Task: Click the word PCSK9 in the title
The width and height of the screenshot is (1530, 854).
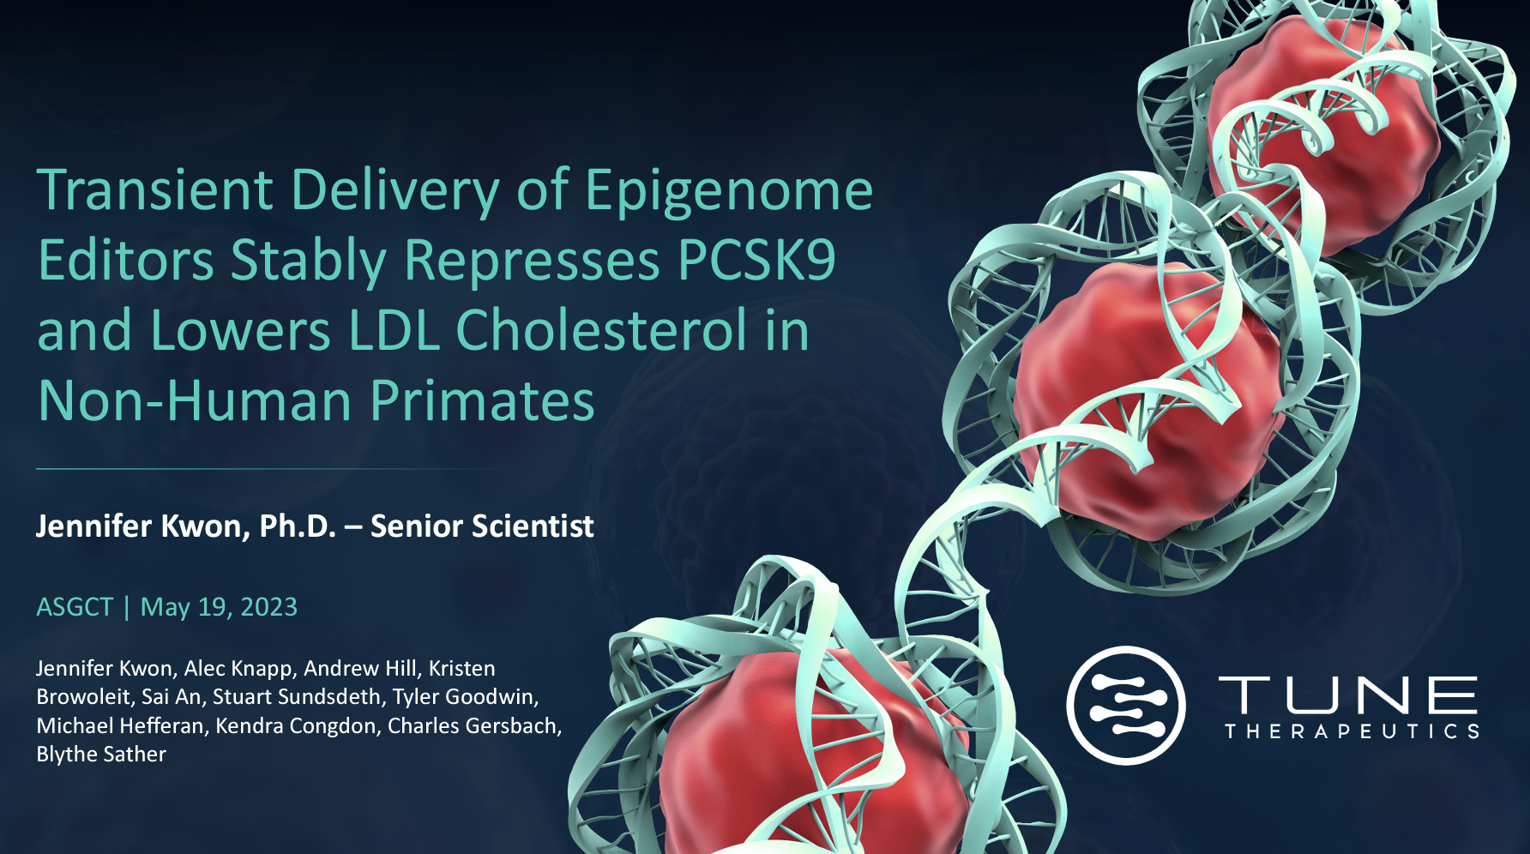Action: (756, 260)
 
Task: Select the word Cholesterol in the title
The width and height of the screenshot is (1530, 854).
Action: (601, 330)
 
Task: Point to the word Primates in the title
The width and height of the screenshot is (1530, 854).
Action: (482, 400)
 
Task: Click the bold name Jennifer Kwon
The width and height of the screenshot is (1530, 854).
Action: (142, 526)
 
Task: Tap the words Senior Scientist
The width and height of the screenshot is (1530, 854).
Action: (482, 526)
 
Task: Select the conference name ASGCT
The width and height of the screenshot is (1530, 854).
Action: (75, 607)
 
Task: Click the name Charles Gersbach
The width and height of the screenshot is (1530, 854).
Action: (474, 726)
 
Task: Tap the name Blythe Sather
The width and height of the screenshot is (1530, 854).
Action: (101, 755)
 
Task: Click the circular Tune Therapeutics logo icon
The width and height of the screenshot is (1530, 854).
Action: (1126, 706)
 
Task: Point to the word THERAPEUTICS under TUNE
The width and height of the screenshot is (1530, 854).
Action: (1352, 731)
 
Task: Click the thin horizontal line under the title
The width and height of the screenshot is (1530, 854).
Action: (274, 469)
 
